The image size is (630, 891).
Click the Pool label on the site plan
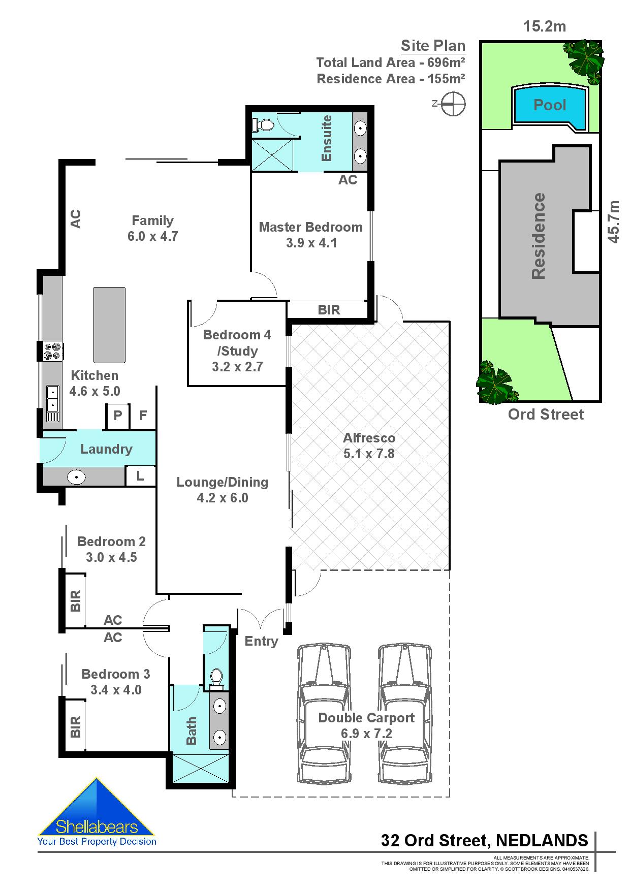tap(549, 105)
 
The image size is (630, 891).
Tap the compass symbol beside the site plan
tap(453, 104)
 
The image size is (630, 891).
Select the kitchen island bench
tap(109, 325)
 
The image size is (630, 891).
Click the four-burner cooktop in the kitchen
tap(52, 351)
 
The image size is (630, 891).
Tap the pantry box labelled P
tap(118, 416)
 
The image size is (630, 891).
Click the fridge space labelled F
tap(143, 416)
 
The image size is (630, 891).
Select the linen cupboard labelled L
tap(140, 476)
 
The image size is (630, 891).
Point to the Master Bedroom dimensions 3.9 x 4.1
tap(311, 243)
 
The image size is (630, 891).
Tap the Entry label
tap(261, 641)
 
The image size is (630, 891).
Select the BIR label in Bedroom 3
tap(75, 726)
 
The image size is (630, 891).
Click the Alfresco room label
tap(369, 438)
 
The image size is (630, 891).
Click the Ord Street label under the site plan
tap(546, 415)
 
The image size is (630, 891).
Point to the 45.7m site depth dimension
tap(614, 222)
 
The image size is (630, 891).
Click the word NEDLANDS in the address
tap(542, 840)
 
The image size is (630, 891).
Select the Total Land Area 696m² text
tap(390, 63)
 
